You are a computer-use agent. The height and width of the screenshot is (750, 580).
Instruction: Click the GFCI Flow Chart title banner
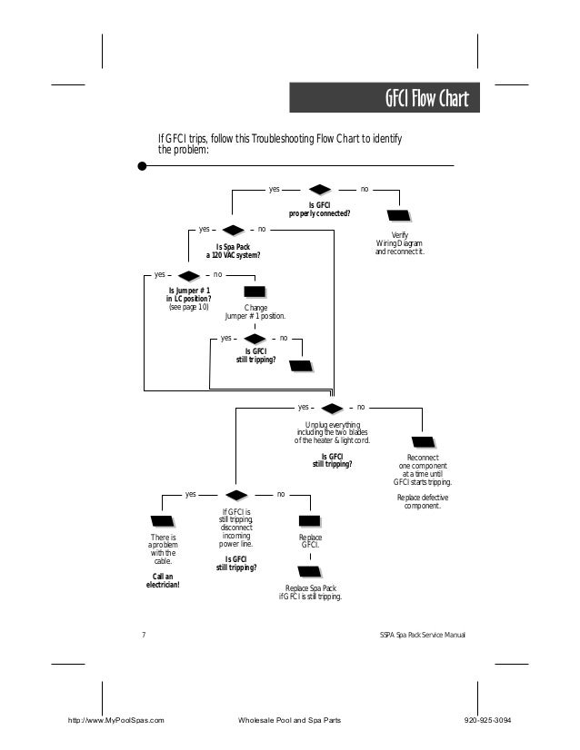(384, 98)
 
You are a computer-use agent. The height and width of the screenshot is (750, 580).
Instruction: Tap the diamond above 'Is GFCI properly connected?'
(319, 190)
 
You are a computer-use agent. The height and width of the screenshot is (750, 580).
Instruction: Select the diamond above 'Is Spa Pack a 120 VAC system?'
(234, 230)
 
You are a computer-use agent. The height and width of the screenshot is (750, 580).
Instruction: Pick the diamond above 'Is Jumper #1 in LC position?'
(188, 274)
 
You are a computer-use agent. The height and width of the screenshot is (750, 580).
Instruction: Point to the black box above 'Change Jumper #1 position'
(255, 291)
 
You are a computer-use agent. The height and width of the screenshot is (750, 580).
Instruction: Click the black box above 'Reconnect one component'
(423, 442)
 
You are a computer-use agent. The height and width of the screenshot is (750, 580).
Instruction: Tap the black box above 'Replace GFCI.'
(310, 521)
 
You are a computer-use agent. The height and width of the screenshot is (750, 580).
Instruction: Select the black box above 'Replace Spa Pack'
(310, 572)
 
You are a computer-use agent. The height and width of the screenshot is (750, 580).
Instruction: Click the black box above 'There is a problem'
(163, 522)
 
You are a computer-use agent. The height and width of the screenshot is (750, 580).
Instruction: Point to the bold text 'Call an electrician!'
(163, 580)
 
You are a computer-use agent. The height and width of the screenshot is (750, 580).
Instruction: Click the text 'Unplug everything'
(332, 425)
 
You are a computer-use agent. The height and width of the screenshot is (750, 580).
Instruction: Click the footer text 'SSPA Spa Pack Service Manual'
(422, 633)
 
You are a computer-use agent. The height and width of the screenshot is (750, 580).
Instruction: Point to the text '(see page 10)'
(189, 307)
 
